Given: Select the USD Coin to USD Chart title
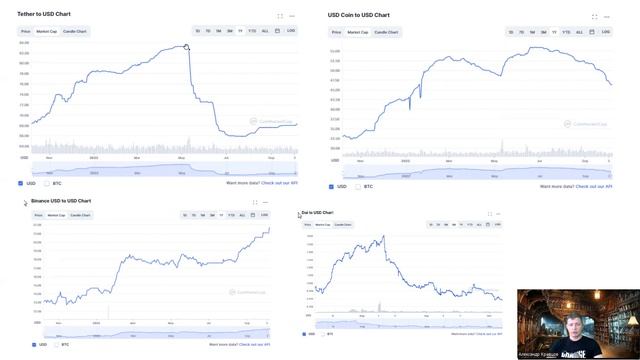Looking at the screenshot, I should click(359, 15).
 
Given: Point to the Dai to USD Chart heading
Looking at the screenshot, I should click(317, 213).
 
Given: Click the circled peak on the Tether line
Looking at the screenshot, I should click(187, 47).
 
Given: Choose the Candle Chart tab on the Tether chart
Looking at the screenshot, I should click(75, 31).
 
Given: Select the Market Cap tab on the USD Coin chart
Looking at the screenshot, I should click(357, 32).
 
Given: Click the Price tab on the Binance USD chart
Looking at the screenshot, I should click(38, 215).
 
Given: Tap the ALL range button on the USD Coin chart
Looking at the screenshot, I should click(579, 32).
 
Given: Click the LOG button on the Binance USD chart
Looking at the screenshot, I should click(264, 215).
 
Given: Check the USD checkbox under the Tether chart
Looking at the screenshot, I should click(21, 183).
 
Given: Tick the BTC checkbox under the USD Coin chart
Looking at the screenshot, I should click(357, 186).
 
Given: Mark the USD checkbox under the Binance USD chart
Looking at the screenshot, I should click(32, 345).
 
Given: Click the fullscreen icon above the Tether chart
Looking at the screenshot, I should click(279, 16).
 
